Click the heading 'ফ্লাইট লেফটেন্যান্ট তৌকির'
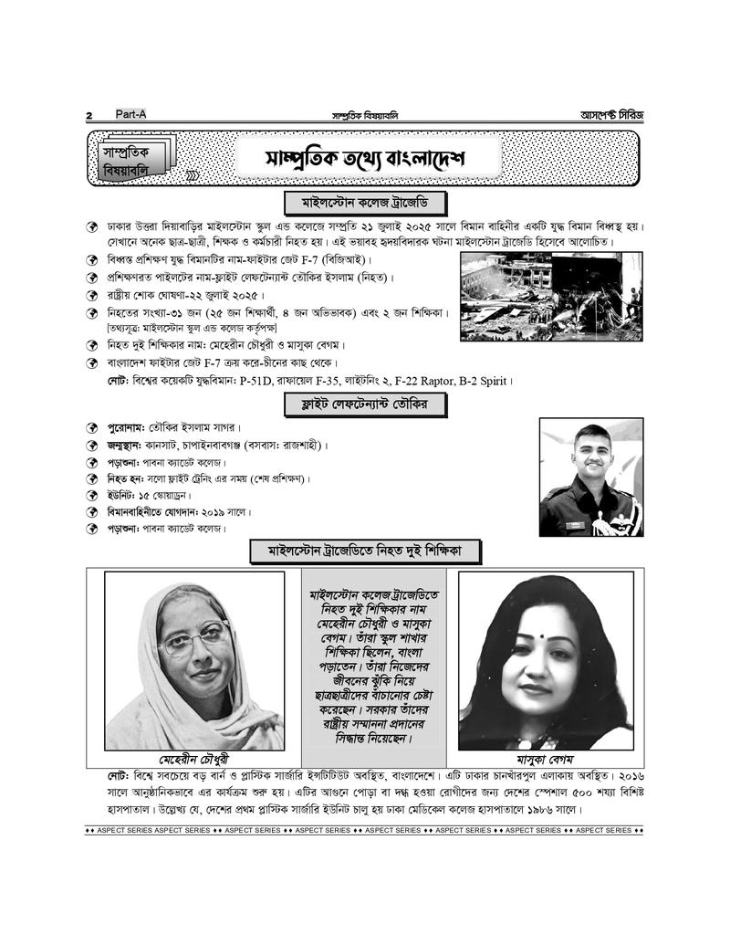pyautogui.click(x=364, y=403)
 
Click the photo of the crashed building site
pyautogui.click(x=549, y=297)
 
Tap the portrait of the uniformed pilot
pyautogui.click(x=590, y=476)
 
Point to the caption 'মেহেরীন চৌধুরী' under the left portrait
pyautogui.click(x=194, y=760)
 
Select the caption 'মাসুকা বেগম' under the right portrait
pyautogui.click(x=545, y=760)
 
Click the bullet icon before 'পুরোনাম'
pyautogui.click(x=92, y=428)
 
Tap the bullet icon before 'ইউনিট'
pyautogui.click(x=92, y=495)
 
